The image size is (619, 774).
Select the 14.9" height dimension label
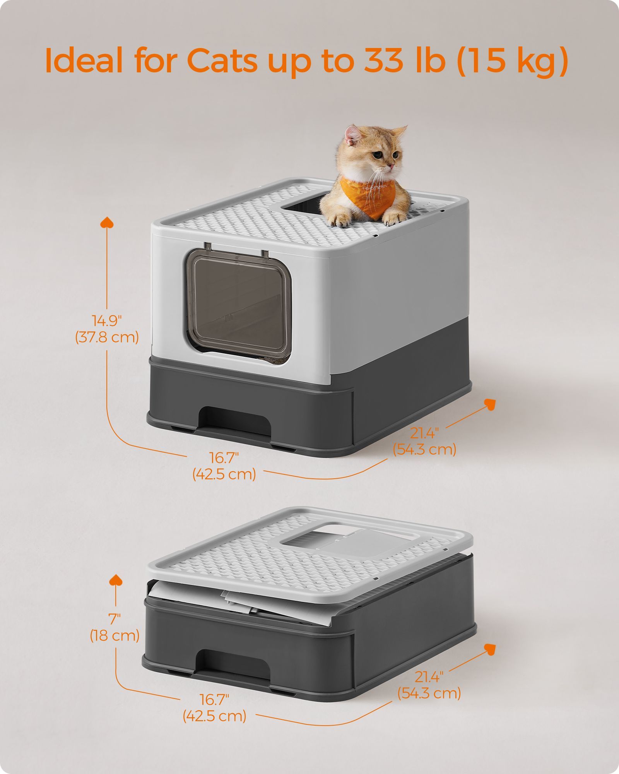point(107,320)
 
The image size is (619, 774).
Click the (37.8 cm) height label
point(107,337)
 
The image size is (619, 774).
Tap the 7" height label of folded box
point(115,619)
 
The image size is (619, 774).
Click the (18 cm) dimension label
point(115,635)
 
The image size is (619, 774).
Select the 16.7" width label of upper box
point(224,458)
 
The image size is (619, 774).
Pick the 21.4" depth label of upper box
point(425,433)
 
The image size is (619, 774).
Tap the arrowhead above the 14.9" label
point(107,223)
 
